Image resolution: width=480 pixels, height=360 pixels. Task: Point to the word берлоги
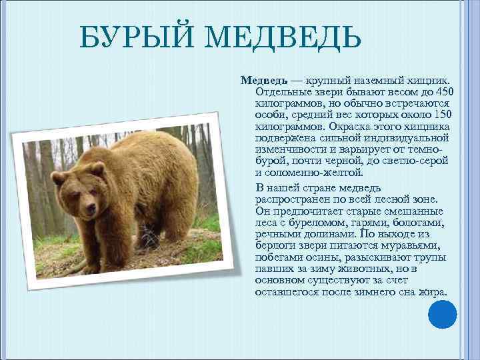[x=275, y=246]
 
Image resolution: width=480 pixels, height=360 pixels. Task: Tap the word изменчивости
[x=288, y=150]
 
